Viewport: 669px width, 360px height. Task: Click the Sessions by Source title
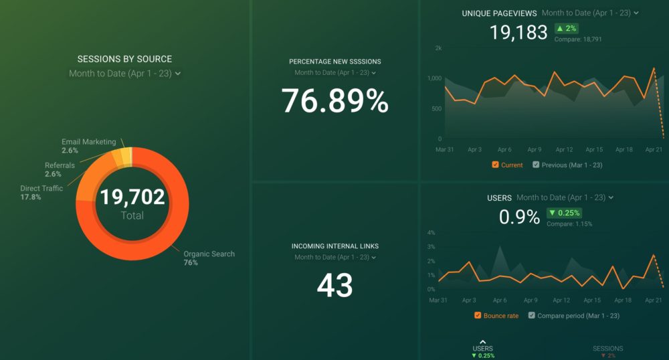(x=124, y=59)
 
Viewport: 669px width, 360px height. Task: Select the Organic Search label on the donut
(x=209, y=254)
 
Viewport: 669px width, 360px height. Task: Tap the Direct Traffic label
(x=41, y=189)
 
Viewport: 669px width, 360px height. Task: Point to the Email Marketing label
(x=88, y=142)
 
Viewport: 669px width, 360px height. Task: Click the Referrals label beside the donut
(x=60, y=165)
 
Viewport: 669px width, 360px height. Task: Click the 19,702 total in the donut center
(x=132, y=196)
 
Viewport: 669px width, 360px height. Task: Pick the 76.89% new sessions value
(x=334, y=101)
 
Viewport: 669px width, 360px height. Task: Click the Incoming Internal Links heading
(x=334, y=246)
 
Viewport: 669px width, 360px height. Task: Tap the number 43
(x=334, y=286)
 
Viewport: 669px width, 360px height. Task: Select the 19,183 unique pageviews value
(x=518, y=33)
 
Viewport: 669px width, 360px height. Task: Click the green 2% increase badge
(x=565, y=28)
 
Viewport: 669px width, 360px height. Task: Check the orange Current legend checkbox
(x=495, y=165)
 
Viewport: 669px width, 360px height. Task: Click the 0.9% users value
(x=519, y=217)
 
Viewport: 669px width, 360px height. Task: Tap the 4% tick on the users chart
(x=431, y=233)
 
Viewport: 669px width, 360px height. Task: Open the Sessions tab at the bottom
(x=607, y=349)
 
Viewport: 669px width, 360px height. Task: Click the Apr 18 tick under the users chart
(x=624, y=300)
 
